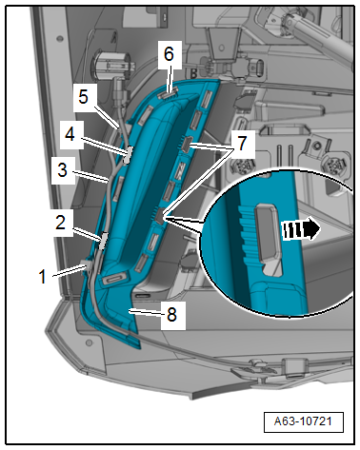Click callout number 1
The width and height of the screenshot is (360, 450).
tap(43, 277)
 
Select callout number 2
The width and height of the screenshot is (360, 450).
tap(60, 223)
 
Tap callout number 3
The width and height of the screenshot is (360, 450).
tap(63, 170)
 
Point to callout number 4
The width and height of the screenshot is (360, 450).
tap(70, 134)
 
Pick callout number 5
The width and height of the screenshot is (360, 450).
tap(83, 97)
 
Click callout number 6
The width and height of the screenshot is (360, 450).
tap(169, 54)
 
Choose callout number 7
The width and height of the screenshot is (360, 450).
tap(242, 144)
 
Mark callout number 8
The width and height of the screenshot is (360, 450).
tap(171, 315)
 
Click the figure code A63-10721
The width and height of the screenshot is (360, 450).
tap(303, 421)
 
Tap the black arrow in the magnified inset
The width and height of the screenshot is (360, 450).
tap(301, 229)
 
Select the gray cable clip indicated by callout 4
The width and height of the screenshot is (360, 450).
tap(130, 154)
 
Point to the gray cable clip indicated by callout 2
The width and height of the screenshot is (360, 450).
tap(104, 241)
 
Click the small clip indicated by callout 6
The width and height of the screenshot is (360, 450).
tap(168, 94)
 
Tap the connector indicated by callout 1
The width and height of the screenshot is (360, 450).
tap(88, 265)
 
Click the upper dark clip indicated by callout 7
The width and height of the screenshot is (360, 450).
tap(187, 144)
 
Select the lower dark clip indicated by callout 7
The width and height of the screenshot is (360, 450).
tap(160, 217)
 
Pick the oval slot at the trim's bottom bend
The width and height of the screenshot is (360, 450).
tap(115, 279)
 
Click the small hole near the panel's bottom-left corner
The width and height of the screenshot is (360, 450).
tap(90, 342)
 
